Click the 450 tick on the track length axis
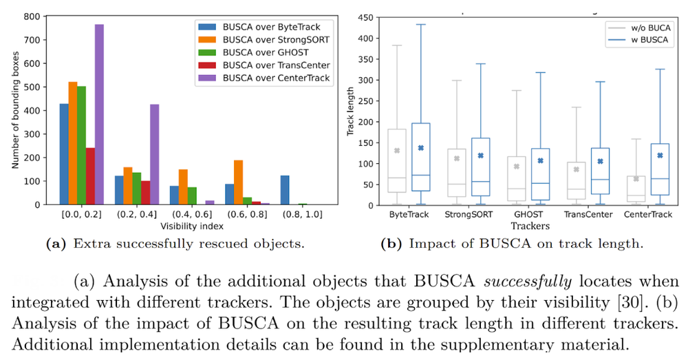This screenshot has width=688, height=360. point(365,18)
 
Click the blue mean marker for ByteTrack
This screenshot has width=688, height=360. point(420,148)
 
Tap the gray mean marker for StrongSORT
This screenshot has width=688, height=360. point(455,158)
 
